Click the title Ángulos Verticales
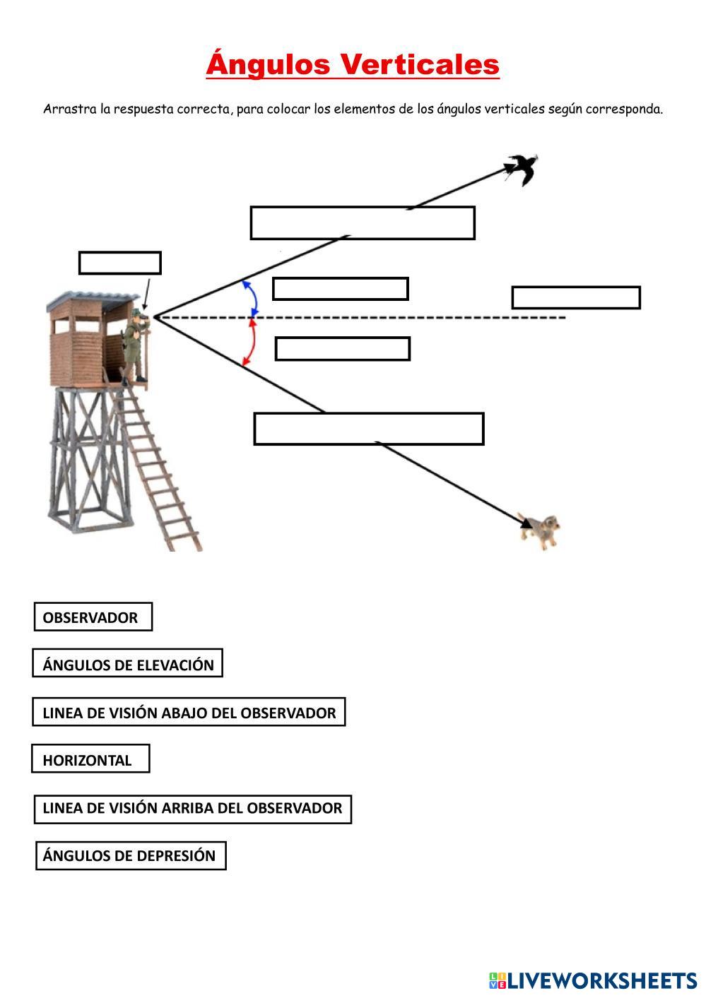coord(353,64)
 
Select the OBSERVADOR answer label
coord(93,617)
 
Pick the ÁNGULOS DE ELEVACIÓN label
coord(128,665)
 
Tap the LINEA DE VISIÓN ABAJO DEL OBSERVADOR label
coord(189,713)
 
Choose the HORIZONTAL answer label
coord(90,760)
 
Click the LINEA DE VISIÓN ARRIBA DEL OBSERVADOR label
coord(192,808)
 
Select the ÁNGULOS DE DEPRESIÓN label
coord(130,855)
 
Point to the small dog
coord(541,530)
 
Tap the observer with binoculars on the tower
coord(136,346)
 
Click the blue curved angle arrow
coord(251,297)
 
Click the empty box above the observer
coord(119,263)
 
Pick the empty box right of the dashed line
coord(575,298)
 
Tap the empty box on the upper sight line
coord(362,223)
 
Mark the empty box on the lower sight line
coord(368,429)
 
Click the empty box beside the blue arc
coord(340,289)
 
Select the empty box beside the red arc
coord(342,349)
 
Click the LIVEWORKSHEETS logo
coord(592,980)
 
